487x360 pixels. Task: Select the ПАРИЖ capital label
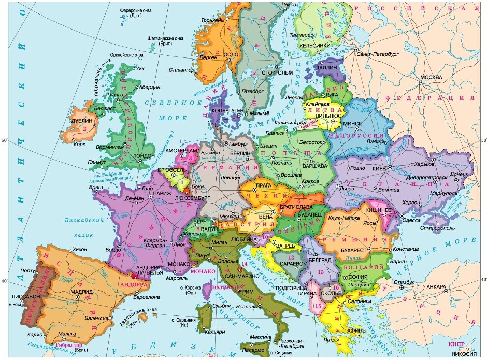coord(162,194)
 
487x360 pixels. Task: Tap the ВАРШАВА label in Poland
coord(315,166)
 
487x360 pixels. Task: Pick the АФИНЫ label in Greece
coord(357,331)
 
